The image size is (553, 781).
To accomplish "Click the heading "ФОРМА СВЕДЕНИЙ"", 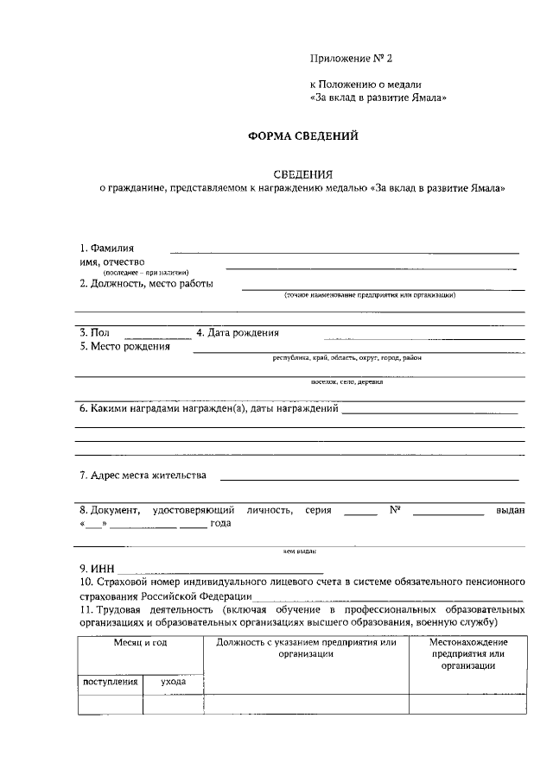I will tap(302, 135).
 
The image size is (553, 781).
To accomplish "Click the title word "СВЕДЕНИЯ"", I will tap(302, 173).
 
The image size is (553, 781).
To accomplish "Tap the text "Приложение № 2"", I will tap(351, 59).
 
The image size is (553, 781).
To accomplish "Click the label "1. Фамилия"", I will tap(107, 249).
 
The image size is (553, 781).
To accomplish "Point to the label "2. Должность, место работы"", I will tap(146, 283).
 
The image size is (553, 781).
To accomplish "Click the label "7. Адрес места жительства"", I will tap(143, 475).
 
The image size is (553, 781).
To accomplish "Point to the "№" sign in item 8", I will tap(394, 510).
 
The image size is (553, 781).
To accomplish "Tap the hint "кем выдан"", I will tap(299, 550).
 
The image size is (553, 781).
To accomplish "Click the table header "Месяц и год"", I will tap(141, 643).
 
